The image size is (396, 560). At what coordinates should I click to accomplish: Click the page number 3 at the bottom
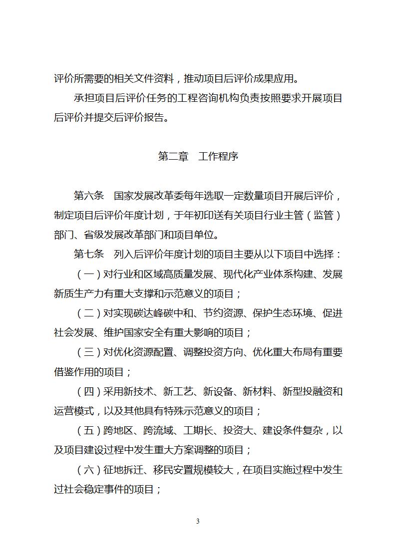(198, 522)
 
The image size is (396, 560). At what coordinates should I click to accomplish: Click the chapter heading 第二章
(173, 157)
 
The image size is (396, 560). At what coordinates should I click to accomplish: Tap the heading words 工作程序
(218, 157)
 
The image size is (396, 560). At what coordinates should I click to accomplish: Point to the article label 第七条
(88, 254)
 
